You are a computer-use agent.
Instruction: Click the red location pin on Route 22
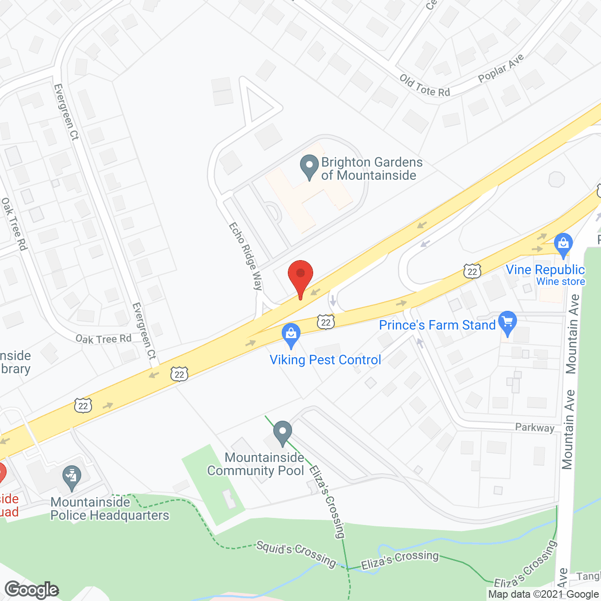[x=300, y=277]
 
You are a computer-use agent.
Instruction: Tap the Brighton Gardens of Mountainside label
[x=371, y=169]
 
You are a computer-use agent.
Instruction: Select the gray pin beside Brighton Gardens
[x=309, y=167]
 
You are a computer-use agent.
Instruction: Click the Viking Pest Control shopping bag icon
[x=291, y=335]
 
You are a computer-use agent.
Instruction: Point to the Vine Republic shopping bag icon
[x=563, y=245]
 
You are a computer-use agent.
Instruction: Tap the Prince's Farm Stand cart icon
[x=507, y=323]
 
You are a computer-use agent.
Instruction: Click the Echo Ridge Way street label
[x=245, y=256]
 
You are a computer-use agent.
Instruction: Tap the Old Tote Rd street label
[x=424, y=86]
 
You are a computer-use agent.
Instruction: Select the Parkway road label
[x=534, y=427]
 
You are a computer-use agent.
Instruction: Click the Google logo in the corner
[x=31, y=590]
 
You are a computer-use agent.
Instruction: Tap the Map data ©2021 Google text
[x=543, y=594]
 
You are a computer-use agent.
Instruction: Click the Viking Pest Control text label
[x=325, y=360]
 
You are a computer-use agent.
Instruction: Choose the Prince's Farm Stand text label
[x=437, y=325]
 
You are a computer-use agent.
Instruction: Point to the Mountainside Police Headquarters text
[x=109, y=509]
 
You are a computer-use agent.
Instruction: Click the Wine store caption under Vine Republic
[x=561, y=282]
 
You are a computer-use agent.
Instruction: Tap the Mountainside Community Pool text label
[x=256, y=464]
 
